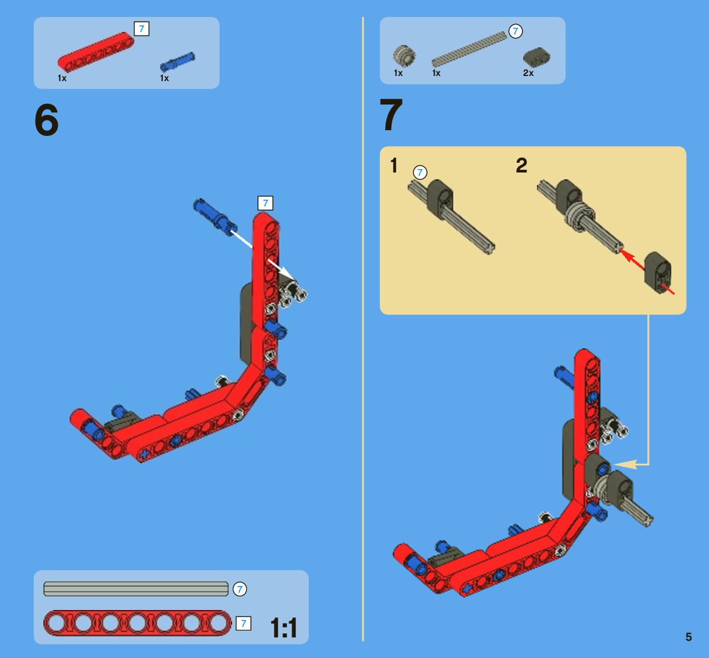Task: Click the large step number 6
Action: click(x=46, y=119)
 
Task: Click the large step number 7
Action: click(x=391, y=114)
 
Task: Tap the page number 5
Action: click(x=688, y=637)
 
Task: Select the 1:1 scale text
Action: click(x=284, y=628)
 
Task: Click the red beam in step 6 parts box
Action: click(x=95, y=52)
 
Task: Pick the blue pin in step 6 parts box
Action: click(x=177, y=61)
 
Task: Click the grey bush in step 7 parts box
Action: click(x=404, y=56)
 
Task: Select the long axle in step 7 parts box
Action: click(x=469, y=49)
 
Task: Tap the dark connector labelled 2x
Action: click(x=536, y=57)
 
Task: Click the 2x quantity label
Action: click(x=528, y=73)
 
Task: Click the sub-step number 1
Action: click(x=394, y=166)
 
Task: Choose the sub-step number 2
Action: click(x=521, y=166)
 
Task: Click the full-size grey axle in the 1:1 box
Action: click(x=136, y=589)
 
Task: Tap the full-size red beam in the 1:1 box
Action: click(x=137, y=623)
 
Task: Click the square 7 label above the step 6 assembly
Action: click(x=265, y=203)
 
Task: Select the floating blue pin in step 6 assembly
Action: click(x=215, y=217)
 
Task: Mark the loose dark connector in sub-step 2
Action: click(x=658, y=273)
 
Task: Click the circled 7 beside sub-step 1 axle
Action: click(x=420, y=172)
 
